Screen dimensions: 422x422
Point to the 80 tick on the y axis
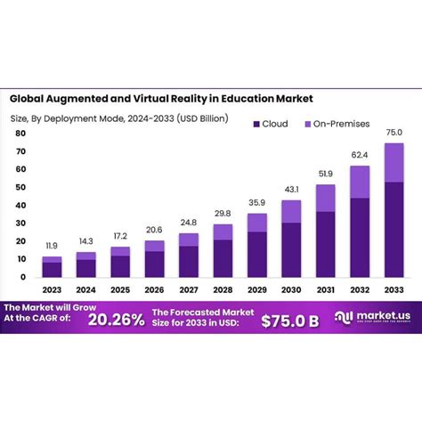click(20, 133)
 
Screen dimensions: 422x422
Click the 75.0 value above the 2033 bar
click(393, 134)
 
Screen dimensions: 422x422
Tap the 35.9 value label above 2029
click(256, 203)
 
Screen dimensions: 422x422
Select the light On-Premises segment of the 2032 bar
click(360, 182)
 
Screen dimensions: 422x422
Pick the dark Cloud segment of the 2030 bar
click(290, 249)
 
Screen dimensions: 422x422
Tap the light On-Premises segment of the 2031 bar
click(325, 198)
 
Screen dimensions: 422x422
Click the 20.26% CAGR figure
click(115, 317)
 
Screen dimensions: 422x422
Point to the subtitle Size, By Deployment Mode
click(120, 118)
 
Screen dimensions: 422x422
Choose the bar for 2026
click(154, 259)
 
